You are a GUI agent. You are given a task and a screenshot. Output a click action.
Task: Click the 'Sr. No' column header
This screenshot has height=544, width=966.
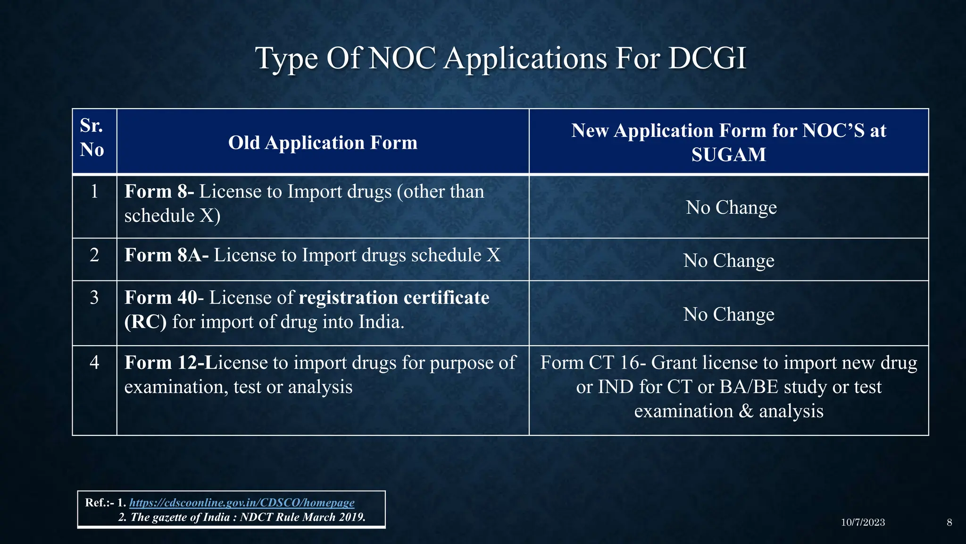(x=92, y=137)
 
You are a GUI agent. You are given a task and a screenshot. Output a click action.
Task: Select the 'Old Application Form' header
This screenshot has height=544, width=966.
(x=323, y=143)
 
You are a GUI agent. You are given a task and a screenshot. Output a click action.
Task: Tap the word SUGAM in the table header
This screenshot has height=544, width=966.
(x=728, y=155)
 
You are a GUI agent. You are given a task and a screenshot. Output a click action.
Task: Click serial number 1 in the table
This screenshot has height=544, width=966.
(x=94, y=191)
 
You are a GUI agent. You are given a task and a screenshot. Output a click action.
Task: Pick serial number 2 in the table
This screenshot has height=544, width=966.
(x=94, y=255)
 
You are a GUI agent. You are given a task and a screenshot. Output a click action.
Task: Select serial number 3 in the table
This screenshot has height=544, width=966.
(x=94, y=297)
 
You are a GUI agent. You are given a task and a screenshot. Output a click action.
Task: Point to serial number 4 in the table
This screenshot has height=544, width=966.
(x=94, y=363)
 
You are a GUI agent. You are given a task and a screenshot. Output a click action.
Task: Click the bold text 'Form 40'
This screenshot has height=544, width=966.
(x=161, y=298)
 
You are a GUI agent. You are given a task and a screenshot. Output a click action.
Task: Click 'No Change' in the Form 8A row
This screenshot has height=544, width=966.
(x=729, y=261)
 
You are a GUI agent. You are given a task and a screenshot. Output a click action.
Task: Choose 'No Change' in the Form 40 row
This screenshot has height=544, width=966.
(x=729, y=314)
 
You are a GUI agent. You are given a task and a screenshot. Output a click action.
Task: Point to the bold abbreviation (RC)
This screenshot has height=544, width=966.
(x=145, y=322)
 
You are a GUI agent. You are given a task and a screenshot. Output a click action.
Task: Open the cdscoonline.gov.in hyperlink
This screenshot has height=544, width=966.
(x=241, y=502)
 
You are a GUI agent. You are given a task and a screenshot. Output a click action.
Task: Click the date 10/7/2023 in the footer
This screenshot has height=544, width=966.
(x=863, y=522)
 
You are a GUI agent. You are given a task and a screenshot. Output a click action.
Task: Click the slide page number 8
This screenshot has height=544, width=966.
(x=949, y=522)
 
